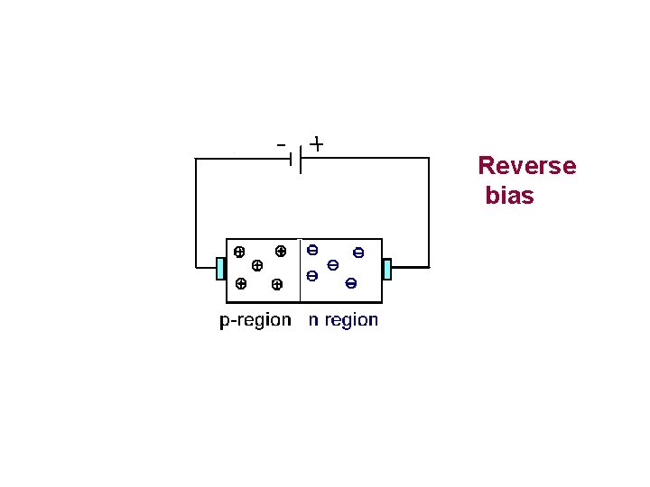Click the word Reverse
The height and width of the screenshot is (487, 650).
pyautogui.click(x=526, y=166)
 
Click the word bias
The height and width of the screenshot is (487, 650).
pyautogui.click(x=509, y=195)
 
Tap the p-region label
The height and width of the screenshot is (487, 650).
pyautogui.click(x=255, y=320)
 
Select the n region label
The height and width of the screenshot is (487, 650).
pyautogui.click(x=343, y=320)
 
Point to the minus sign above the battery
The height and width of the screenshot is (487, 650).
pyautogui.click(x=282, y=143)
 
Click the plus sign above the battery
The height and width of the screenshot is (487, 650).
pyautogui.click(x=317, y=143)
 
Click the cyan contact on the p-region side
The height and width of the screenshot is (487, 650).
pyautogui.click(x=221, y=269)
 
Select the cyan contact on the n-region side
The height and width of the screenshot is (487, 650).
pyautogui.click(x=387, y=269)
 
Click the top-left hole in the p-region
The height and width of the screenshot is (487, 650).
pyautogui.click(x=239, y=252)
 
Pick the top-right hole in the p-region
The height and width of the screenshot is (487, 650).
pyautogui.click(x=281, y=251)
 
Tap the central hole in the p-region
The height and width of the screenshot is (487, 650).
pyautogui.click(x=257, y=266)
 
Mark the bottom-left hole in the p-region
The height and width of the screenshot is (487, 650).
pyautogui.click(x=240, y=283)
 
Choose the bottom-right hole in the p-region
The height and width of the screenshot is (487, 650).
pyautogui.click(x=276, y=285)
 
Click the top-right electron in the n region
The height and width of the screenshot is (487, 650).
pyautogui.click(x=358, y=253)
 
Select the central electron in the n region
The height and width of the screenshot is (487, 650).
pyautogui.click(x=333, y=265)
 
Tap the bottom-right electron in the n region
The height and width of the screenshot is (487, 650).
pyautogui.click(x=351, y=284)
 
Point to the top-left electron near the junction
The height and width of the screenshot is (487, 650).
pyautogui.click(x=312, y=250)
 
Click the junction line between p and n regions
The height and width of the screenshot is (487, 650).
pyautogui.click(x=299, y=271)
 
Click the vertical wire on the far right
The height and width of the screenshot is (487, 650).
pyautogui.click(x=429, y=212)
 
